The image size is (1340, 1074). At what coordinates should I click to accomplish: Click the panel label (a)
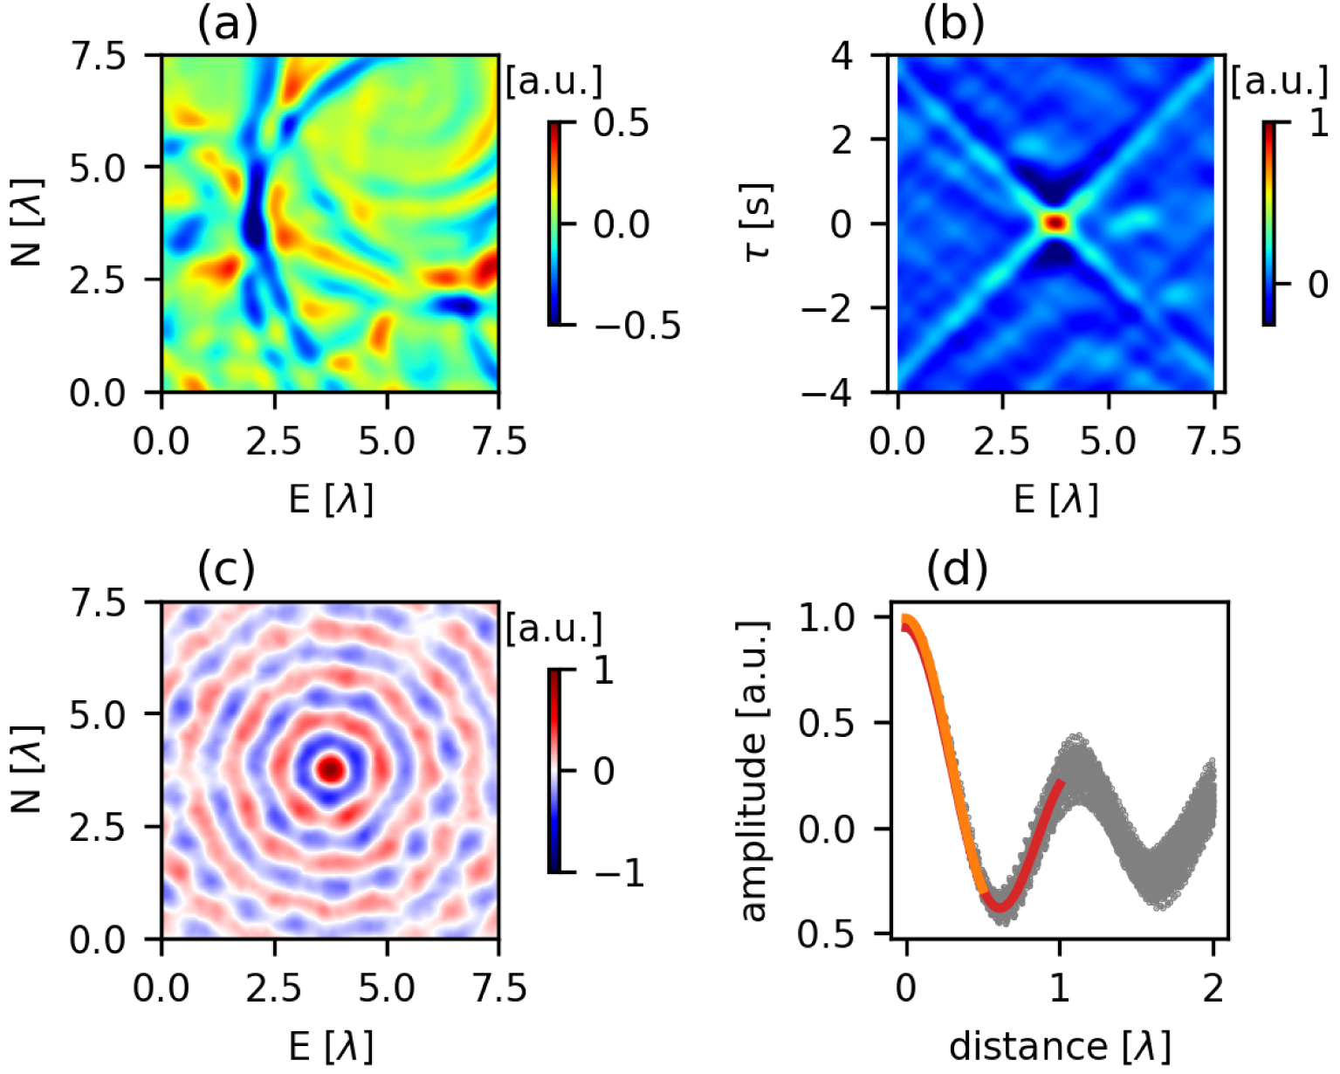pos(227,24)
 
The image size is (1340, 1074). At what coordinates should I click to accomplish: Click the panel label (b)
pos(953,24)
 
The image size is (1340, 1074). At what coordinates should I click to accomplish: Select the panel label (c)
pos(226,570)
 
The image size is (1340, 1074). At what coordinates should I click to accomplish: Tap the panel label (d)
pos(956,570)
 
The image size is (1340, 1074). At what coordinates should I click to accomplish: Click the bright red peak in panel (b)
pos(1055,223)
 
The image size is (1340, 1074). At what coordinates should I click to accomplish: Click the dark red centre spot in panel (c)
pos(331,770)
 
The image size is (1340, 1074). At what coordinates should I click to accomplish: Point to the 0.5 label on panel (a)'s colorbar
pos(621,124)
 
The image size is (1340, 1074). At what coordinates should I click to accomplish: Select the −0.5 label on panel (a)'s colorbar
pos(636,326)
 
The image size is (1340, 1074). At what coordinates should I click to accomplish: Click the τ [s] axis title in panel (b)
pos(757,223)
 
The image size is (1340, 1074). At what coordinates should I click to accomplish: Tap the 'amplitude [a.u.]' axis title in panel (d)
pos(752,770)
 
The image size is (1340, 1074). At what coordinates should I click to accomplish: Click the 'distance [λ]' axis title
pos(1059,1045)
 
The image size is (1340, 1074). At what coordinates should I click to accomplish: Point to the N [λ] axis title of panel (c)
pos(28,770)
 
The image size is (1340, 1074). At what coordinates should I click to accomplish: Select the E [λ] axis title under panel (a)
pos(330,499)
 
